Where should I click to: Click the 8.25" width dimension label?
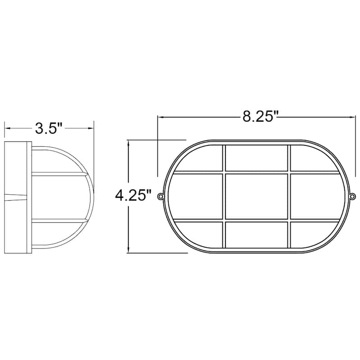259,117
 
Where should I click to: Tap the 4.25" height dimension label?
131,196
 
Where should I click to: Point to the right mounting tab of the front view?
353,196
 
